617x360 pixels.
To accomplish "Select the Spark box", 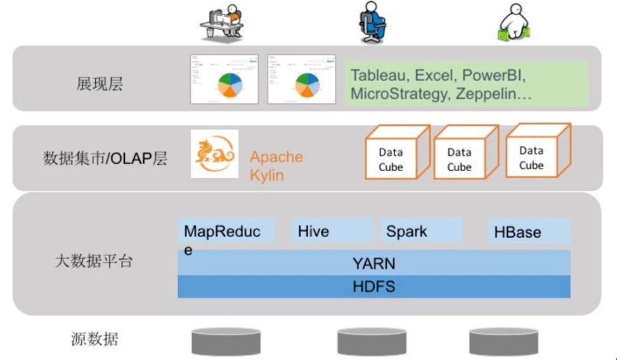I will [421, 231].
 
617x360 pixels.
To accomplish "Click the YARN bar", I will [373, 263].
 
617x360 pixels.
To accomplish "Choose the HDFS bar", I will [373, 286].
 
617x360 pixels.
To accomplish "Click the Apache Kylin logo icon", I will [214, 154].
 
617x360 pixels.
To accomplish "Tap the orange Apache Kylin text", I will [276, 165].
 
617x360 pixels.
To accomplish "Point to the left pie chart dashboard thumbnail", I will [225, 79].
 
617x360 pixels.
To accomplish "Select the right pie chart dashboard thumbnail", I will [302, 79].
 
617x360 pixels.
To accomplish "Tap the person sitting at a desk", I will [221, 23].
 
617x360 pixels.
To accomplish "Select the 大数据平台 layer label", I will [94, 261].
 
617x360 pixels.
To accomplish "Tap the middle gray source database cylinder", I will [371, 341].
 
